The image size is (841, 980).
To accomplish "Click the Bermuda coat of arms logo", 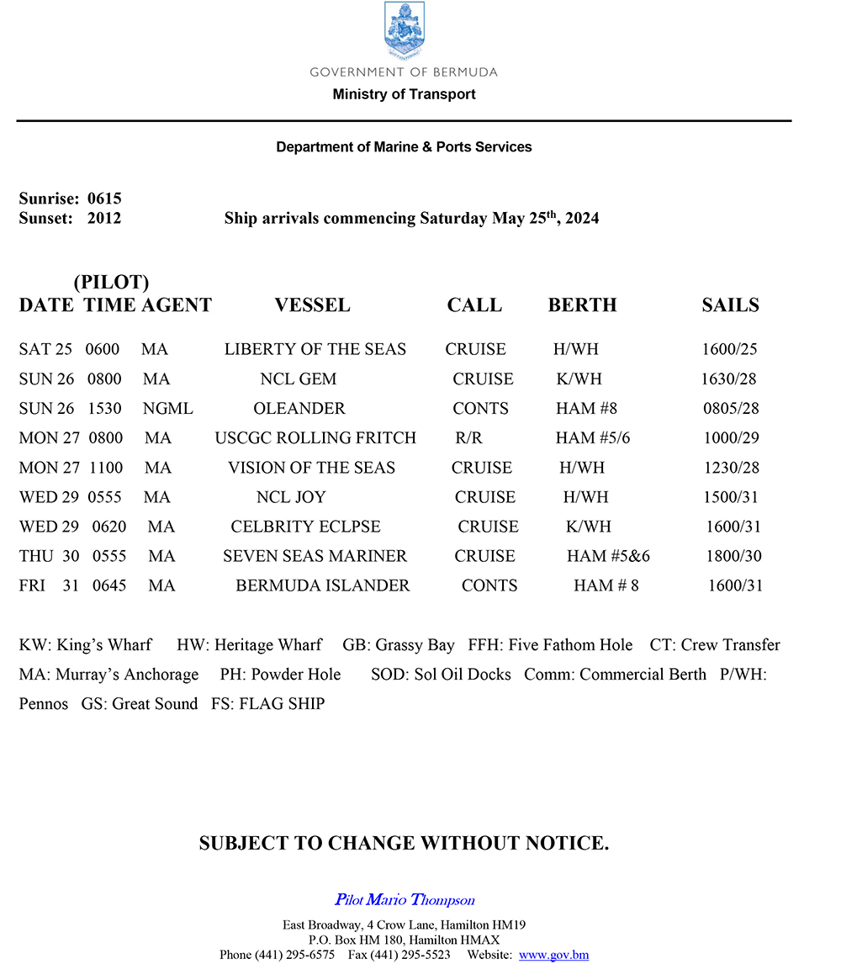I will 404,31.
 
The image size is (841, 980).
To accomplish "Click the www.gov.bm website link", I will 553,955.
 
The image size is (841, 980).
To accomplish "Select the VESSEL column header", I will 312,305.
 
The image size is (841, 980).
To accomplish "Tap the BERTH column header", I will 582,305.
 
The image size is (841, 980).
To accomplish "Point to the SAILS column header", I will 730,305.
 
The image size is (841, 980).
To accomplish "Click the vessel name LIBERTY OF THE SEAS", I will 315,349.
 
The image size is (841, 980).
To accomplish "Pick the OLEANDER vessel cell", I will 299,409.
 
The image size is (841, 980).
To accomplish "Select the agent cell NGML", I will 168,409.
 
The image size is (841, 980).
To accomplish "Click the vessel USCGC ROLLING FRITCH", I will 315,438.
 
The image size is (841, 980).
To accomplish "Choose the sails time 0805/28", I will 731,409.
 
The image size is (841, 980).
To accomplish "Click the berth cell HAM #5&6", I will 608,556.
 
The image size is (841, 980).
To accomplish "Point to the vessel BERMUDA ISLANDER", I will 323,585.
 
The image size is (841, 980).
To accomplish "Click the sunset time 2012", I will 104,219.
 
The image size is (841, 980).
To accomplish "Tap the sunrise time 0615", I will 104,199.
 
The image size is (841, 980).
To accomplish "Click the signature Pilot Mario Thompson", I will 405,900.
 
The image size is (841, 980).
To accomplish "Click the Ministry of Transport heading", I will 404,94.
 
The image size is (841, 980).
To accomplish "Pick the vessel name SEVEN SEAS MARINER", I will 315,556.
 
